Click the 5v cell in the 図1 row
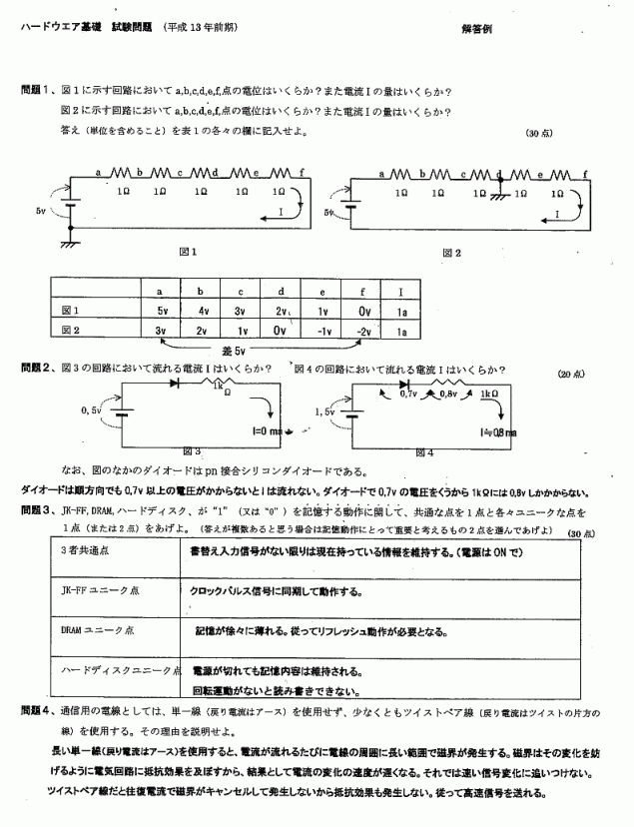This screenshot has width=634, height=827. coord(160,310)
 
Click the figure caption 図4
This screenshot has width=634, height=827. coord(422,451)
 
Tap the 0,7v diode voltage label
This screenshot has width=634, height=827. coord(406,396)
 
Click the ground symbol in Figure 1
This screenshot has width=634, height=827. coord(68,241)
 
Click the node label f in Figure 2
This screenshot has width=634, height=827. coord(585,173)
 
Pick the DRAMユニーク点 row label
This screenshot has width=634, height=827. coord(97,630)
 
